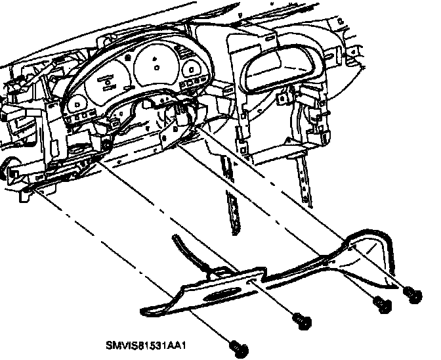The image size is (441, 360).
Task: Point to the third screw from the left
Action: pyautogui.click(x=381, y=303)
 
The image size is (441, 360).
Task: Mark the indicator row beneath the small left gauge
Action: pyautogui.click(x=79, y=118)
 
